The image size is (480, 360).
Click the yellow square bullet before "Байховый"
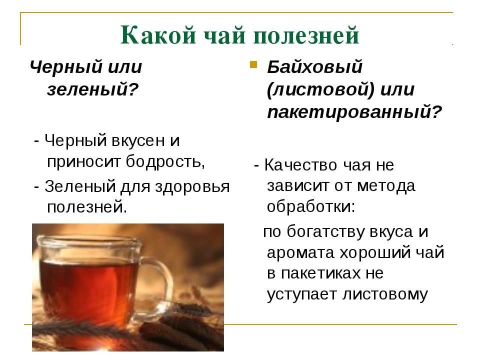pos(253,65)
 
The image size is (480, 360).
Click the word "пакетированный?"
pos(355,112)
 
